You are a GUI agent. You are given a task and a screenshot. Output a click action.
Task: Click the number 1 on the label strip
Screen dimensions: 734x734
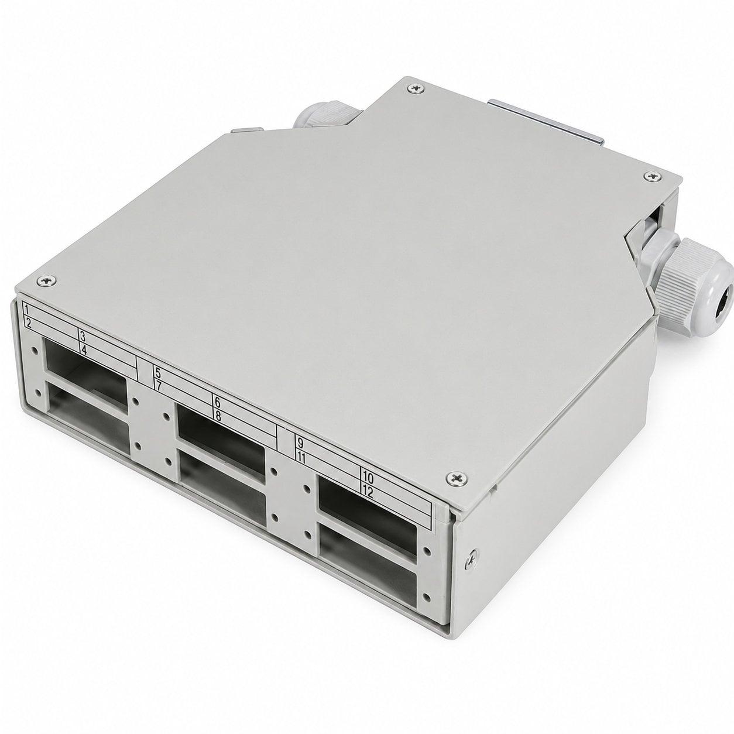(x=26, y=308)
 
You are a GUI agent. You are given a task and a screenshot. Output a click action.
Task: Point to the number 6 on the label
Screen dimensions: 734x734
(x=218, y=403)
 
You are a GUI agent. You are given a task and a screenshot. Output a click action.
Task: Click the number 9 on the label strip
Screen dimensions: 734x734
(x=300, y=443)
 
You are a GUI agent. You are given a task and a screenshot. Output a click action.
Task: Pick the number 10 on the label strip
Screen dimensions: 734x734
(x=368, y=476)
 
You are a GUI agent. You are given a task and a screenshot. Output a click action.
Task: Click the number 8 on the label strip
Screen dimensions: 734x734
(x=218, y=416)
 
